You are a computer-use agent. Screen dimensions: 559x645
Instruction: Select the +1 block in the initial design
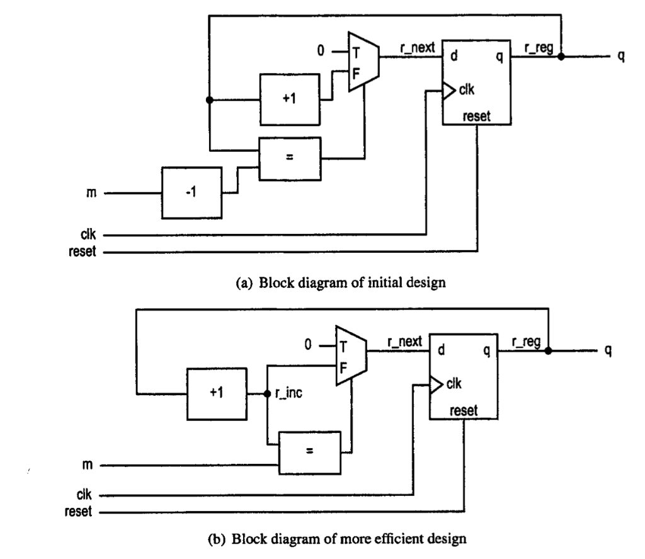click(x=290, y=99)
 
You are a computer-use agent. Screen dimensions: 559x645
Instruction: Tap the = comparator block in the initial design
click(x=290, y=158)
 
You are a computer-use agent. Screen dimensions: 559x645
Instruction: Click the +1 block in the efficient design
click(x=216, y=393)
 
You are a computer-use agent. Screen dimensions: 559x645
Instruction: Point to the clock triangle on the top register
click(x=448, y=93)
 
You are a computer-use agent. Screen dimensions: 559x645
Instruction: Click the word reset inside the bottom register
click(x=464, y=411)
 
